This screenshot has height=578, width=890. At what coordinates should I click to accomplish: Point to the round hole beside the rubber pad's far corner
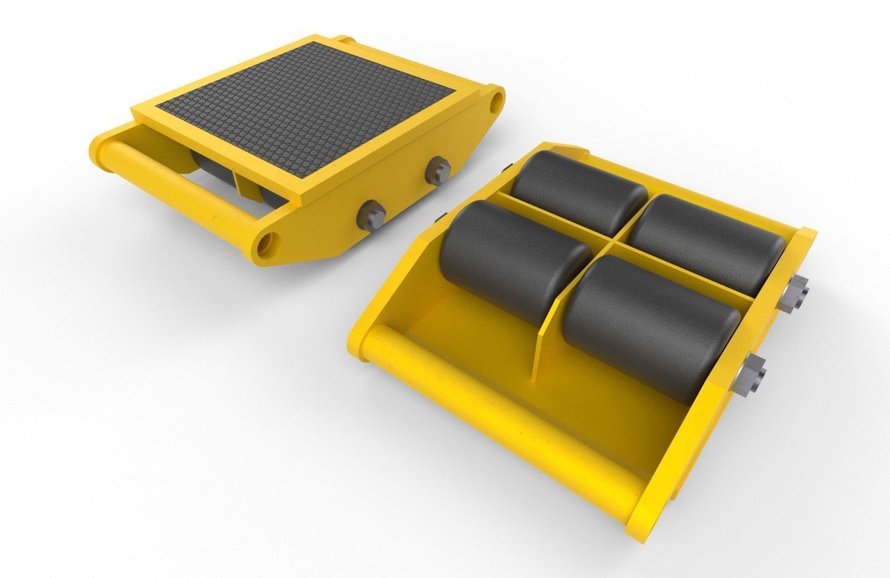(493, 103)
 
